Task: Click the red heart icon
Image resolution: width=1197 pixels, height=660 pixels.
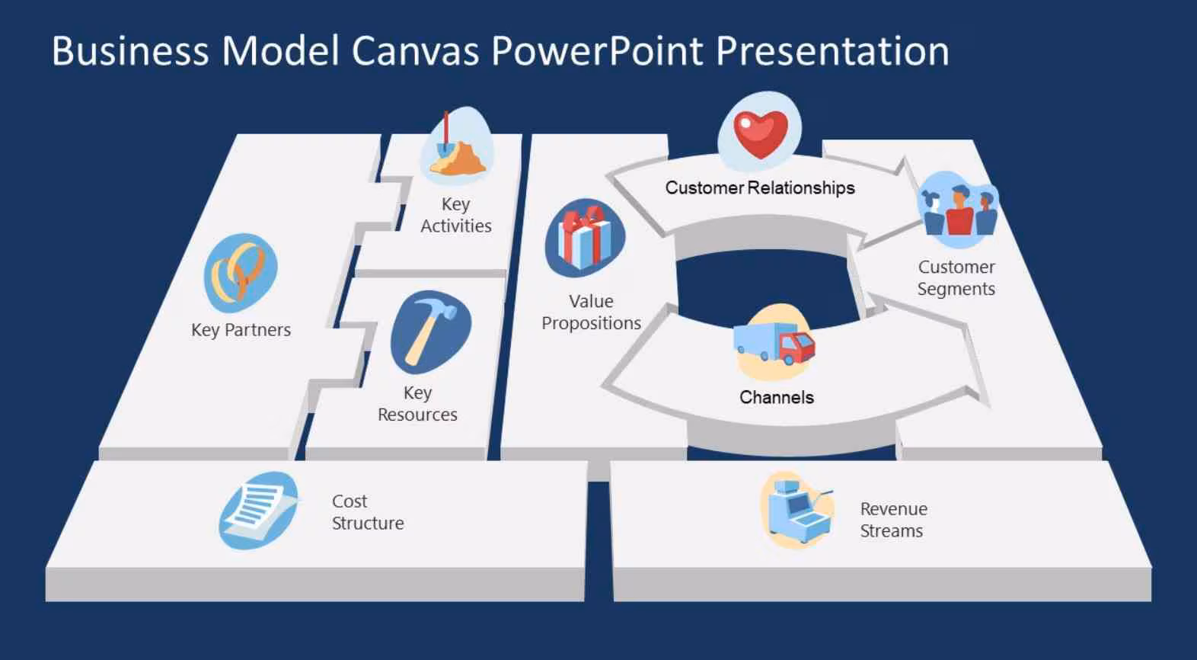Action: [761, 133]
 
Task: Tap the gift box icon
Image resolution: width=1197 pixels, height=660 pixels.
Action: [585, 238]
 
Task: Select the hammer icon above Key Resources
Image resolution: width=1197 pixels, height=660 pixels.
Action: [431, 332]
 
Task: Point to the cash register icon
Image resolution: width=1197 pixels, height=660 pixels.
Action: [798, 510]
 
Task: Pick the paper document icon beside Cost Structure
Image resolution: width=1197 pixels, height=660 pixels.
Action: [260, 511]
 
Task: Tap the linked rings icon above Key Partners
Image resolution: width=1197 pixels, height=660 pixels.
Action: [241, 272]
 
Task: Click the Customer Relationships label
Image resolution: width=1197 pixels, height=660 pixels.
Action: [760, 187]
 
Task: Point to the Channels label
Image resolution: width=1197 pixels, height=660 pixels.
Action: [777, 397]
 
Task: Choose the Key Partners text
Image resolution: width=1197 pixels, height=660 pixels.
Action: [241, 330]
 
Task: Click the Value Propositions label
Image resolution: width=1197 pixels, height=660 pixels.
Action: [591, 312]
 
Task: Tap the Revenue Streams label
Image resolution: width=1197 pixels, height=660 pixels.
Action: [893, 520]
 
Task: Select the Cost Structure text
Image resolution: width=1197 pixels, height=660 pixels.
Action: [368, 512]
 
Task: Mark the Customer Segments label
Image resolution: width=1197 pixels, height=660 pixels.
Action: [956, 278]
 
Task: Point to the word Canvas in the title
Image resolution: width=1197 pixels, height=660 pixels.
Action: [415, 51]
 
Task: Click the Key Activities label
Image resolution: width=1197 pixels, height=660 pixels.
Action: [456, 215]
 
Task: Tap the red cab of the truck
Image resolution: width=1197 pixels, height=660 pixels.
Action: [796, 348]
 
